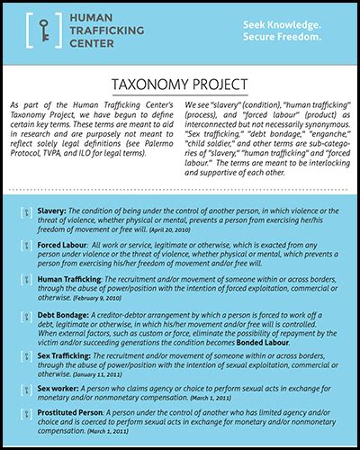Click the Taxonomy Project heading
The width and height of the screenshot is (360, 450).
click(180, 85)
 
